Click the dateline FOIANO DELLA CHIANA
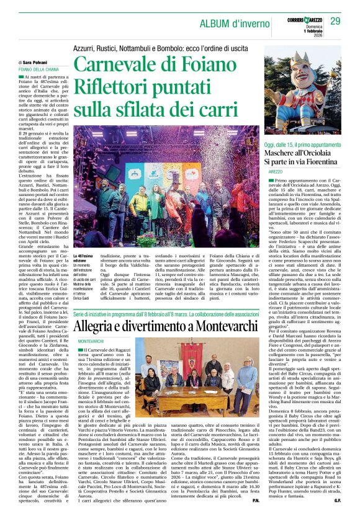(x=40, y=69)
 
